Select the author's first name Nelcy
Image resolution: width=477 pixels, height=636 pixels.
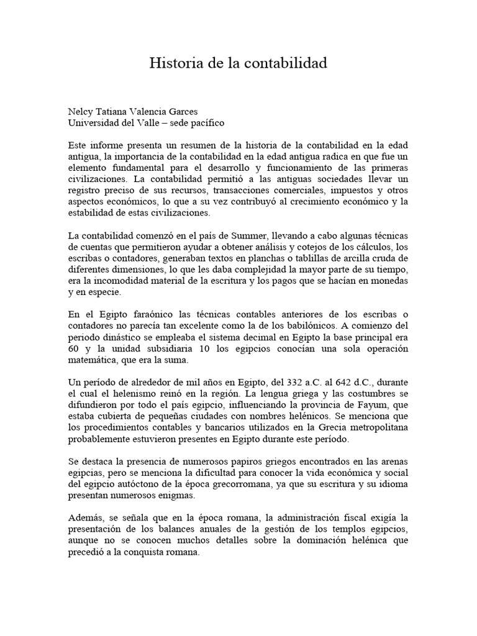pyautogui.click(x=82, y=112)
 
